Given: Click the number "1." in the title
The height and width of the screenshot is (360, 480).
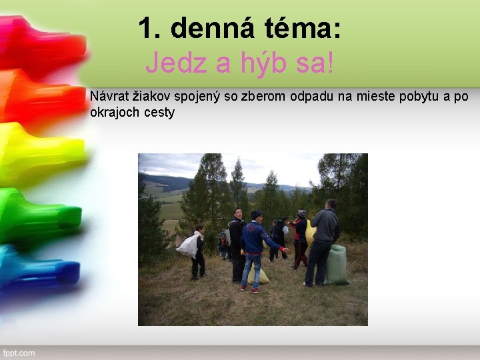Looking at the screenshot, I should click(x=151, y=29).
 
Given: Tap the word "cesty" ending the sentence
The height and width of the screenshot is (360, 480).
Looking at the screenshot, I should click(x=159, y=112).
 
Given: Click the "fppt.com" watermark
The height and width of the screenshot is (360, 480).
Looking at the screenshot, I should click(x=18, y=353).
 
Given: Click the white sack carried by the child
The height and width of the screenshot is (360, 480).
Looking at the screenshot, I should click(x=189, y=246).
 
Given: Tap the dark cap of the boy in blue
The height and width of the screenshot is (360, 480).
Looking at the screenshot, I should click(x=256, y=214).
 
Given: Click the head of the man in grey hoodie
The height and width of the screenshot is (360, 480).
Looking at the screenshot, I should click(x=331, y=204).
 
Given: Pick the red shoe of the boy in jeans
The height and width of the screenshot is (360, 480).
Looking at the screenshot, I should click(x=254, y=291).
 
